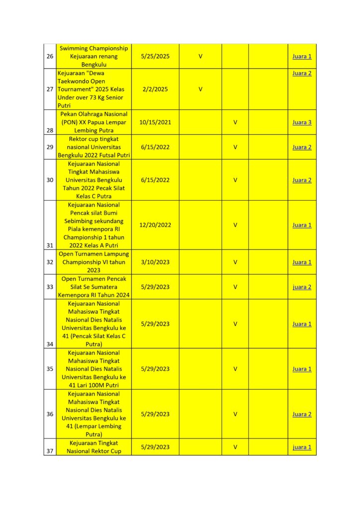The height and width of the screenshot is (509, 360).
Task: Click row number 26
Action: pyautogui.click(x=50, y=56)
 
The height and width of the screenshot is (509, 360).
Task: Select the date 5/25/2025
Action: pyautogui.click(x=155, y=56)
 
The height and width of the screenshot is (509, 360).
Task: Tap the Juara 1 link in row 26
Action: pyautogui.click(x=302, y=56)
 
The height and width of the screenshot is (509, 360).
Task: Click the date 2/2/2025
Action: pyautogui.click(x=155, y=89)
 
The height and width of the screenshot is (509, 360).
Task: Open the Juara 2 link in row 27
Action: pyautogui.click(x=302, y=73)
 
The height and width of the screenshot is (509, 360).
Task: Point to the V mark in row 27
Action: pyautogui.click(x=200, y=89)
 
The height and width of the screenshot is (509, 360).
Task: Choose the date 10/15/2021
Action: pyautogui.click(x=155, y=122)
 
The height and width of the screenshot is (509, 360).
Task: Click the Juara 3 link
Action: pyautogui.click(x=302, y=122)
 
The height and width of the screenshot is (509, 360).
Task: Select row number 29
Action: pyautogui.click(x=50, y=147)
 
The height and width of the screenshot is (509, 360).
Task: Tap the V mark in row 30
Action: pyautogui.click(x=235, y=180)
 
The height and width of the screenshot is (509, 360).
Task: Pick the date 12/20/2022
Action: pyautogui.click(x=155, y=225)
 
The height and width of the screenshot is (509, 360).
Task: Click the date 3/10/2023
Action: pyautogui.click(x=155, y=262)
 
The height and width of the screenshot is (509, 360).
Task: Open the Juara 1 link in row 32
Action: pyautogui.click(x=302, y=262)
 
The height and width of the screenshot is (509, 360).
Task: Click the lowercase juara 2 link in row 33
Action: pyautogui.click(x=302, y=287)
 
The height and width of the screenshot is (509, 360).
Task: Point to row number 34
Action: pyautogui.click(x=50, y=344)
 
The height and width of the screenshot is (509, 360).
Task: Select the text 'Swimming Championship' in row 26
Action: pyautogui.click(x=94, y=48)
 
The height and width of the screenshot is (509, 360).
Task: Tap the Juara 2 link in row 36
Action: pyautogui.click(x=302, y=414)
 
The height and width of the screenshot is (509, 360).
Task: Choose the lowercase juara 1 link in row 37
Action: pyautogui.click(x=302, y=447)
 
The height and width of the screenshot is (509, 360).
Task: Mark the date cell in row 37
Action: pyautogui.click(x=155, y=447)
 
